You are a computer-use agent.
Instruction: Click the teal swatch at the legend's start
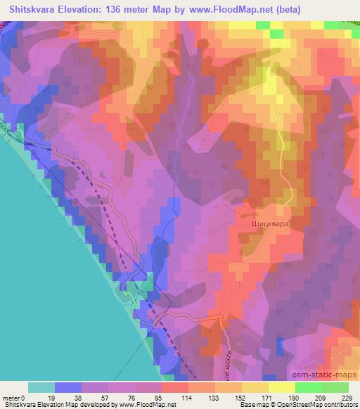coord(41,387)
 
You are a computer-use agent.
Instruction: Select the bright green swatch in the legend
coord(308,387)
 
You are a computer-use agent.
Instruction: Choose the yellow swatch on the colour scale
coord(281,387)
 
